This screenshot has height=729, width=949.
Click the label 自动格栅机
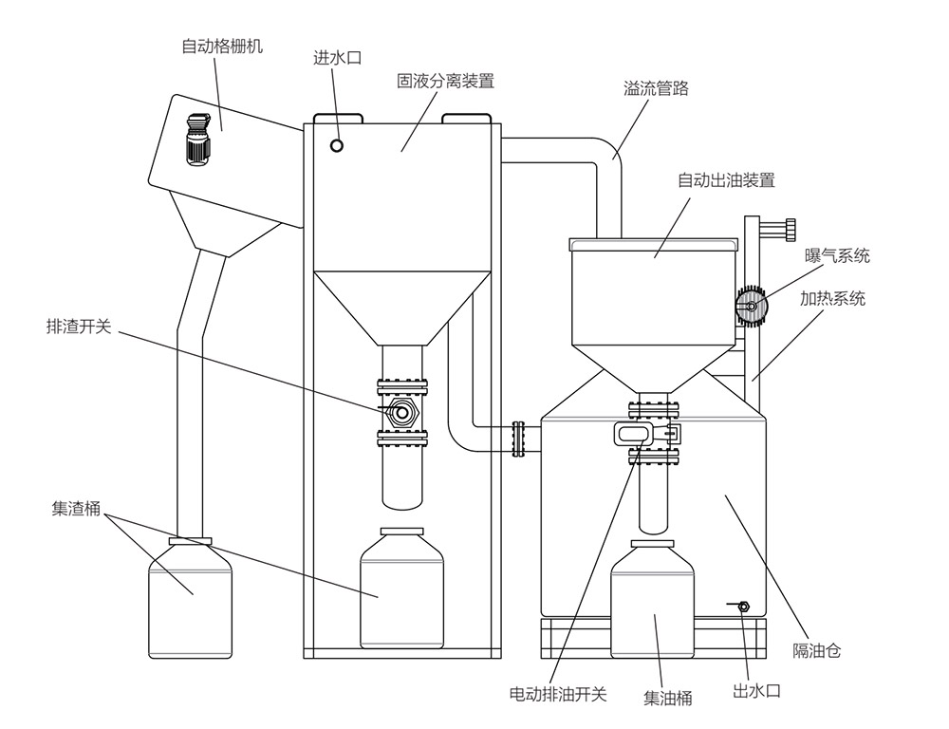[222, 45]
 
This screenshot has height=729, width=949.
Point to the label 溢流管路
[656, 89]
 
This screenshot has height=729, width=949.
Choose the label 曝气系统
[838, 255]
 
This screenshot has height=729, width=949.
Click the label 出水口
[756, 691]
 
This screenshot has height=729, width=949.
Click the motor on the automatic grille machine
[197, 140]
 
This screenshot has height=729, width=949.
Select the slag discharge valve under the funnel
[402, 412]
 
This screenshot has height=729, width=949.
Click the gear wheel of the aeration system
[752, 306]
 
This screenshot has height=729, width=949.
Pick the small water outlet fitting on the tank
[742, 605]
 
